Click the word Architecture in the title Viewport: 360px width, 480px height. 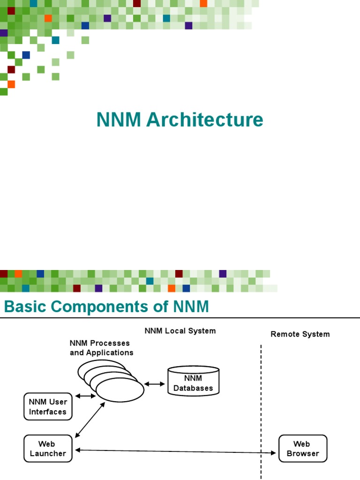(x=204, y=120)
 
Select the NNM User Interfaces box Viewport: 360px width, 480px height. (x=48, y=406)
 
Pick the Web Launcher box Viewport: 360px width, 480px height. (x=48, y=449)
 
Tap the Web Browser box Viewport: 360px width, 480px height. (x=303, y=449)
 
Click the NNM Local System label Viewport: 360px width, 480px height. (x=180, y=331)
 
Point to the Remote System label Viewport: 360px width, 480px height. (x=300, y=334)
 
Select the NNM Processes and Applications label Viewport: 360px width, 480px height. (x=101, y=348)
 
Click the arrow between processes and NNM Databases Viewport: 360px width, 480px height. (x=154, y=384)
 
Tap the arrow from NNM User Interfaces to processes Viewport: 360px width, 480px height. (x=85, y=396)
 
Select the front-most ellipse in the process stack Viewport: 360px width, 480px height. (x=120, y=390)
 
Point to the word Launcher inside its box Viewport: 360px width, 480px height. (x=48, y=454)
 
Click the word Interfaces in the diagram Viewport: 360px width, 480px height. (x=48, y=412)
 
